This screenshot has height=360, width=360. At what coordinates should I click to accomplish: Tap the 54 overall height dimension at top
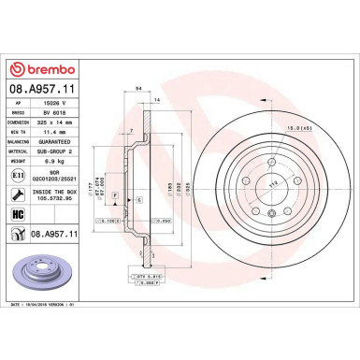(139, 86)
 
